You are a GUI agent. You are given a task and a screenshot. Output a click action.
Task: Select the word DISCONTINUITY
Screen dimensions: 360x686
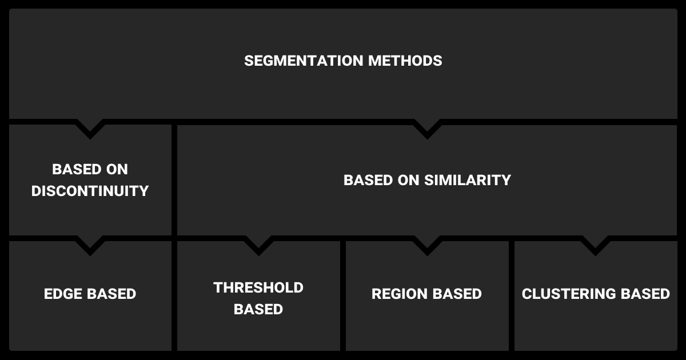tap(90, 191)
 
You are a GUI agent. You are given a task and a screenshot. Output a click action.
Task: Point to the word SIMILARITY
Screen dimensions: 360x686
tap(468, 180)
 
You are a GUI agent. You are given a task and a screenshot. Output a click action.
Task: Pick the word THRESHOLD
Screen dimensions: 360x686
tap(258, 287)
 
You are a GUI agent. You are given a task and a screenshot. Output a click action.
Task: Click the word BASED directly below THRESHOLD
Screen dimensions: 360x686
tap(258, 309)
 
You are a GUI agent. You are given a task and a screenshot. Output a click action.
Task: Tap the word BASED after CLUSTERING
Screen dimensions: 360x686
tap(645, 294)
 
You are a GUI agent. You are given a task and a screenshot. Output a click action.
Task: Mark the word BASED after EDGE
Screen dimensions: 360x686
tap(110, 294)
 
